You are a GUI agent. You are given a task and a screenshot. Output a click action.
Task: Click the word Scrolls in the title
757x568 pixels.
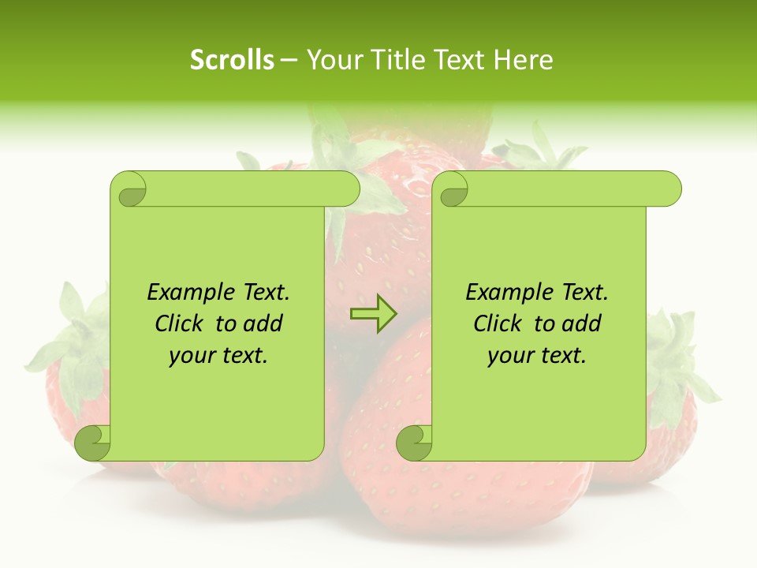click(232, 60)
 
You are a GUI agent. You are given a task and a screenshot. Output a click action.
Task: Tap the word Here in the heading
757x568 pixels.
click(524, 60)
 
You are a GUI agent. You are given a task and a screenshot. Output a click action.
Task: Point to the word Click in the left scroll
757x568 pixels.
click(181, 323)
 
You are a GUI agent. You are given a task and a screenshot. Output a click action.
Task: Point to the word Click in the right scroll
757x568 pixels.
click(500, 323)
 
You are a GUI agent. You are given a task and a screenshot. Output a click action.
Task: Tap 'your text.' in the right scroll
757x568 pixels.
click(537, 355)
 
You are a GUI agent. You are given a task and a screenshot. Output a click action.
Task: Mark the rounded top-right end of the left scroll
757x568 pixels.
click(347, 189)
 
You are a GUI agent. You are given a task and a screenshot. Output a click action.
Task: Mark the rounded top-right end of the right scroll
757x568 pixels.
click(669, 189)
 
